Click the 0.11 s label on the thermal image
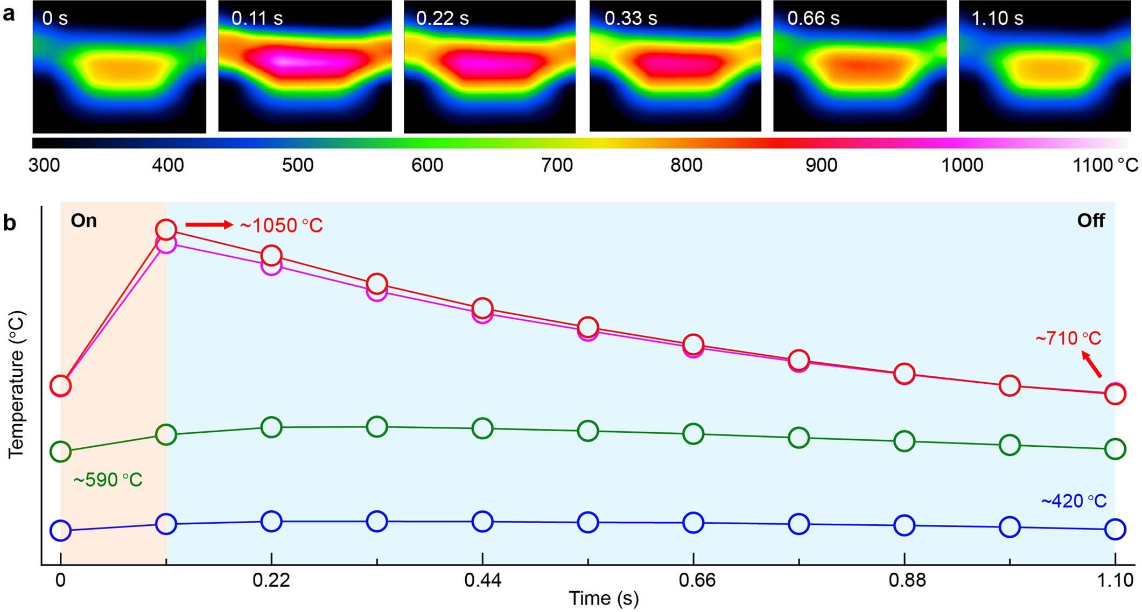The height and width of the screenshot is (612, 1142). pos(257,18)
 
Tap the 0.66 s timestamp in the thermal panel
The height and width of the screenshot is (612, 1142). pos(813,18)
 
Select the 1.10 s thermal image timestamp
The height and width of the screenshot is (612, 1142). pos(997,18)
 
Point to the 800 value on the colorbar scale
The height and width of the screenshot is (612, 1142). pos(686,165)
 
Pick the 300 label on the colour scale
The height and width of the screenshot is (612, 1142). pos(44,165)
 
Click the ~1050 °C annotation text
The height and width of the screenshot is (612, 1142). pos(281,226)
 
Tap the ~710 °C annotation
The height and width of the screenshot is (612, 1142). pos(1068,339)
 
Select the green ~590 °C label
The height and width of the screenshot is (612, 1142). pos(108,480)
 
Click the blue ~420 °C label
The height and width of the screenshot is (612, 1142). pos(1074,501)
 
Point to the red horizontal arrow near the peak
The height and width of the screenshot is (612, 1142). pos(209,225)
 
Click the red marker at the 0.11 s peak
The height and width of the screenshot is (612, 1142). pos(166,230)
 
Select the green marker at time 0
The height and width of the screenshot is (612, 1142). pos(60,451)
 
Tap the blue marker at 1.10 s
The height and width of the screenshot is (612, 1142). pos(1115,529)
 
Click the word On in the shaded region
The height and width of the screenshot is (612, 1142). pos(84,221)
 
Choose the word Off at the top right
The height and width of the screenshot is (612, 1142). pos(1090,221)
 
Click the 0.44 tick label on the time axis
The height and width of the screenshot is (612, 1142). pos(482,580)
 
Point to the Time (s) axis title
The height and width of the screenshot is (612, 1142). pos(604,599)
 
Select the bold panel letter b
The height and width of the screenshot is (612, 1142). pos(10,223)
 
